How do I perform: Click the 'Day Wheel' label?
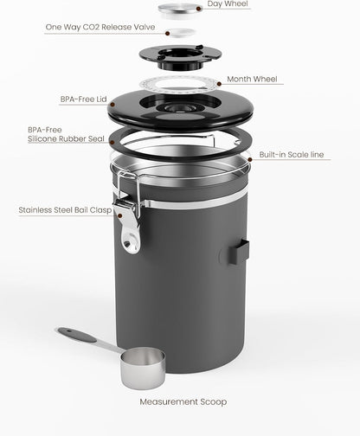coord(228,4)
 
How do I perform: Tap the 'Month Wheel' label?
coord(253,79)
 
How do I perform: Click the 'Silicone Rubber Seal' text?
coord(67,139)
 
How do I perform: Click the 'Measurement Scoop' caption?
coord(181,401)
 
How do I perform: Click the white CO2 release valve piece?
coord(179,31)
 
